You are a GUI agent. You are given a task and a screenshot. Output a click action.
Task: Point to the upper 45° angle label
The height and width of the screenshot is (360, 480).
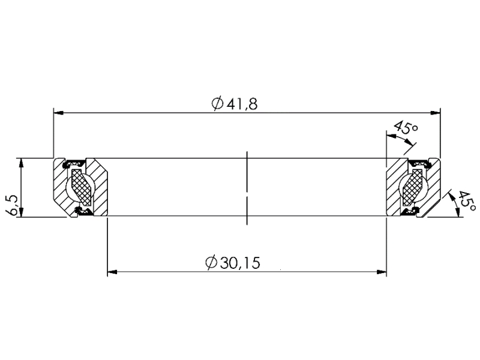pyautogui.click(x=404, y=128)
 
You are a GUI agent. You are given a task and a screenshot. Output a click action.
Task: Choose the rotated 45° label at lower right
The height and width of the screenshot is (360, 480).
pyautogui.click(x=465, y=200)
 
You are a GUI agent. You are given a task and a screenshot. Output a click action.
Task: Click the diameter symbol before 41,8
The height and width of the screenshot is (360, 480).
pyautogui.click(x=217, y=103)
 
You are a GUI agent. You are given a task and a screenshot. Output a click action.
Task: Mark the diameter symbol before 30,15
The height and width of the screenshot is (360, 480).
pyautogui.click(x=211, y=263)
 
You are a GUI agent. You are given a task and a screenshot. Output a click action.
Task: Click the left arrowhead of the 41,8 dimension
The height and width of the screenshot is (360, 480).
pyautogui.click(x=58, y=112)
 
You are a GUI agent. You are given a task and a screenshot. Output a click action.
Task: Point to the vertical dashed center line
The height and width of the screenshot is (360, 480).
pyautogui.click(x=247, y=188)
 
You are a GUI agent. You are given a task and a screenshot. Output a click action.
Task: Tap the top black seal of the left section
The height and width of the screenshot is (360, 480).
pyautogui.click(x=74, y=161)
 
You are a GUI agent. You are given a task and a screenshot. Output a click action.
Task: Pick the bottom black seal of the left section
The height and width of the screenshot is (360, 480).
pyautogui.click(x=82, y=211)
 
